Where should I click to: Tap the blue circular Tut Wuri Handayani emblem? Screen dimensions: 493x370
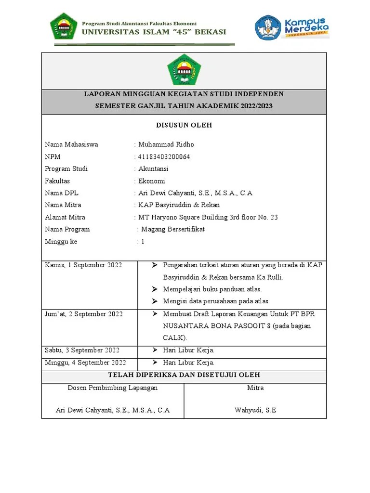pyautogui.click(x=268, y=27)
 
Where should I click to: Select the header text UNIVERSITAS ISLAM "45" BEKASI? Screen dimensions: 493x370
pyautogui.click(x=153, y=33)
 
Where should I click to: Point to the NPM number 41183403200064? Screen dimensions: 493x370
pyautogui.click(x=164, y=156)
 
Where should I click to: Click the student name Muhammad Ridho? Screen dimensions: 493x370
pyautogui.click(x=166, y=144)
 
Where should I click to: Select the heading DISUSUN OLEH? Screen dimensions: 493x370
pyautogui.click(x=184, y=125)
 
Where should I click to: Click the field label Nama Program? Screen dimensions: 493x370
pyautogui.click(x=67, y=229)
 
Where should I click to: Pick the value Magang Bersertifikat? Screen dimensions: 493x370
pyautogui.click(x=172, y=229)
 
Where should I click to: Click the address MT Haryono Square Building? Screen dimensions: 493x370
pyautogui.click(x=193, y=217)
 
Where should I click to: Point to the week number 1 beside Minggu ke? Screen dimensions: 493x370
pyautogui.click(x=143, y=242)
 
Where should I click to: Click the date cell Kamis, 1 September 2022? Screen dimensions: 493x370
pyautogui.click(x=83, y=265)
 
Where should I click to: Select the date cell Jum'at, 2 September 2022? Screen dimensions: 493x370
pyautogui.click(x=84, y=314)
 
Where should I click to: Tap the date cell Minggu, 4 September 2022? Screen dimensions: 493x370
pyautogui.click(x=85, y=363)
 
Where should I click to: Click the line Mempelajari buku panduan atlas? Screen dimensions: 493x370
pyautogui.click(x=212, y=289)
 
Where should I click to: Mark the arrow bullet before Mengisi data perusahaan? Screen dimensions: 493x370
pyautogui.click(x=154, y=301)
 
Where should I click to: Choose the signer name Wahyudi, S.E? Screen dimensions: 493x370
pyautogui.click(x=255, y=410)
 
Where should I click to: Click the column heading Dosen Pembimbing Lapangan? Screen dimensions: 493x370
pyautogui.click(x=113, y=388)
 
